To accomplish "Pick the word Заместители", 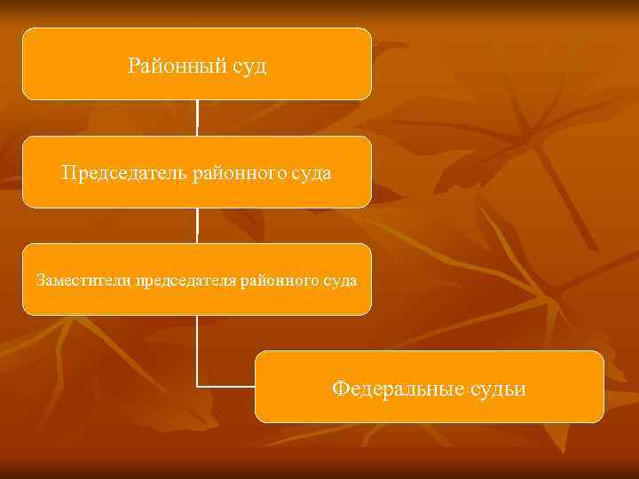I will tap(83, 280).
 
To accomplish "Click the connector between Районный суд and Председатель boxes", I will tap(197, 118).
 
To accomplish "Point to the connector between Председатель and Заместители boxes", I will tap(197, 226).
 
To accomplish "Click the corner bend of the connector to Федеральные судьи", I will tap(197, 387).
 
